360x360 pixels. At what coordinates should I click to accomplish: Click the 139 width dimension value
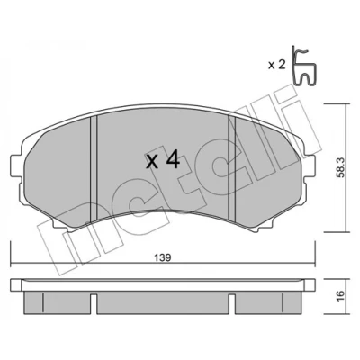coord(163,257)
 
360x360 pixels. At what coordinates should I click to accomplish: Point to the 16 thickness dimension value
coord(339,296)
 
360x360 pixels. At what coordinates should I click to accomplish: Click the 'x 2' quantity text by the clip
coord(276,65)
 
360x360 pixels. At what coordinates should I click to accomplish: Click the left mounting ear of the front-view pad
coord(15,166)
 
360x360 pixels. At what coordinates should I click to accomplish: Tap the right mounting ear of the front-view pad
coord(310,166)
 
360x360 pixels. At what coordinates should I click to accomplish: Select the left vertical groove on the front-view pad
coord(94,168)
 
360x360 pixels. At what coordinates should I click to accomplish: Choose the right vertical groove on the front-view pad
coord(232,167)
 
